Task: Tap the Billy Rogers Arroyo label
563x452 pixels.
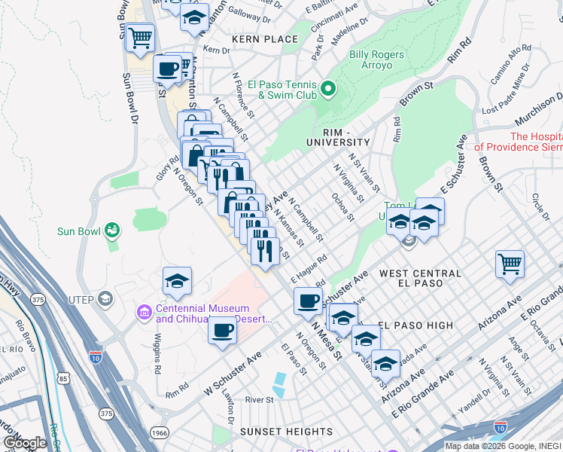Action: (x=376, y=60)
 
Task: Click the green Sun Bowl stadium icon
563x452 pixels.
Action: (x=113, y=229)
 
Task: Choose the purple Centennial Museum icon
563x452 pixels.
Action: (x=144, y=311)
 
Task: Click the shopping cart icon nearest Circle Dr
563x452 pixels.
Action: (x=510, y=264)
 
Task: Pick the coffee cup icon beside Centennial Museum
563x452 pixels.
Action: (x=222, y=330)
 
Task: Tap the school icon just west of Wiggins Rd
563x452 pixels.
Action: (x=177, y=282)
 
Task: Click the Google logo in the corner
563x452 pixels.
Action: (x=26, y=444)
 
